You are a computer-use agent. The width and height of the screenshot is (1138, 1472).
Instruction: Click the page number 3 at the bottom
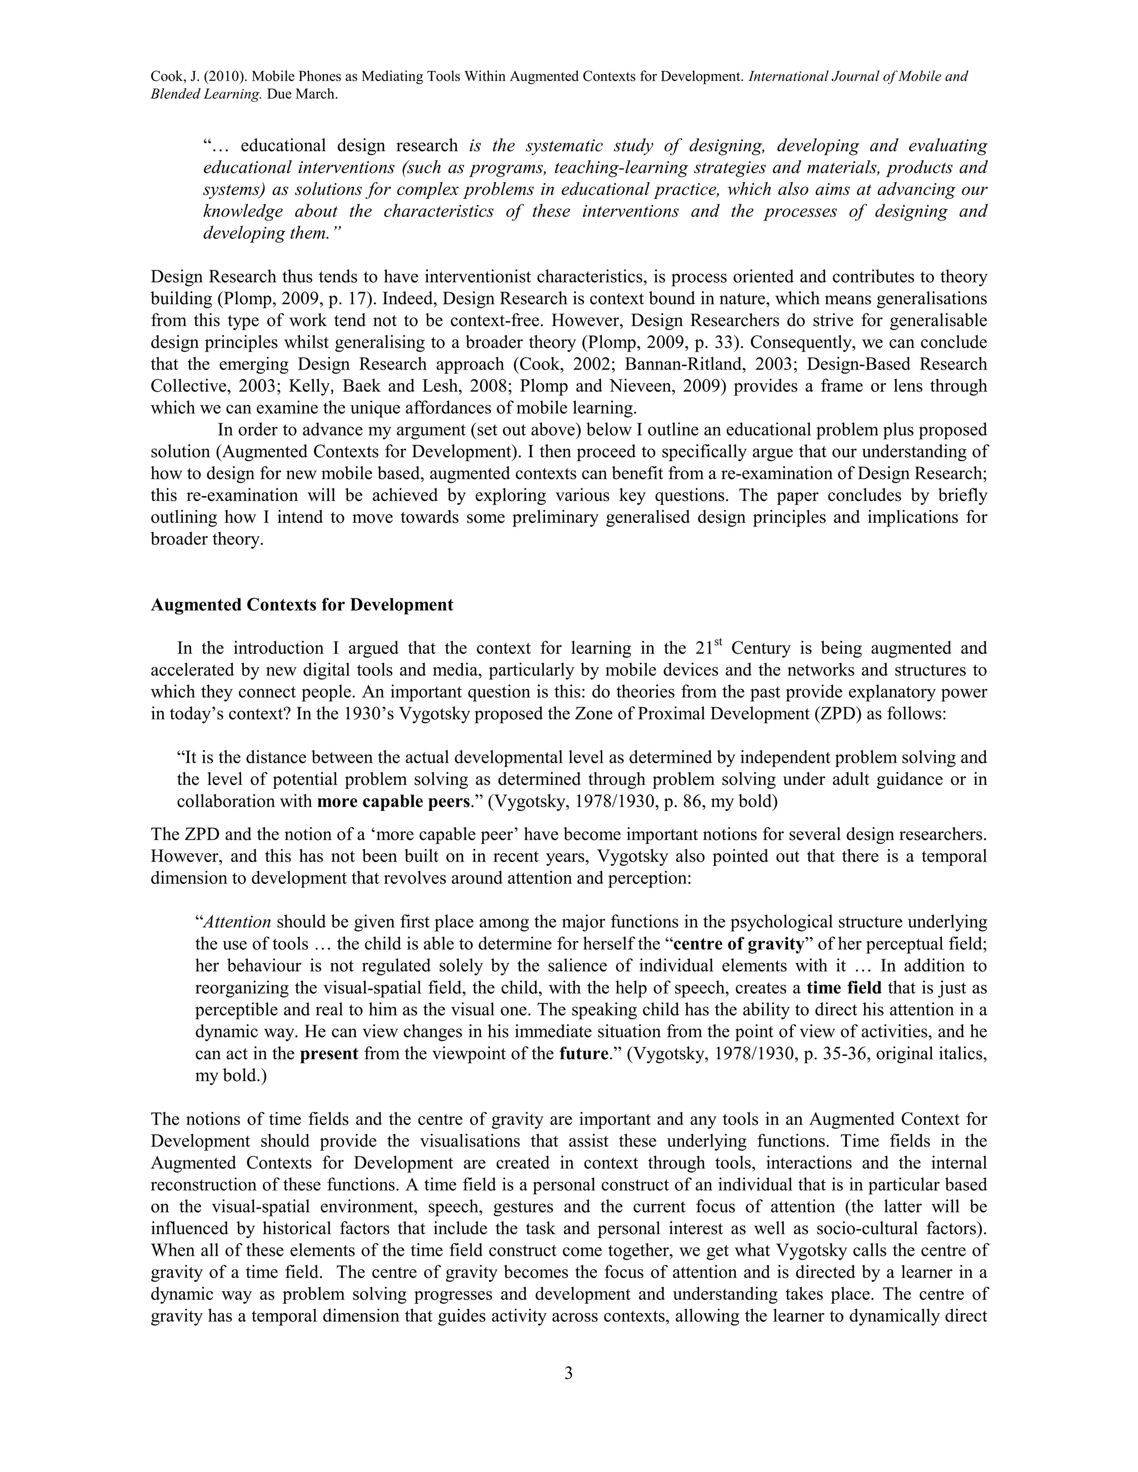coord(568,1374)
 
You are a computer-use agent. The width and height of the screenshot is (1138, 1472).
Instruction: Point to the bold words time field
coord(844,988)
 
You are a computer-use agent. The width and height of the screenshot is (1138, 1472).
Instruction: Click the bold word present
coord(329,1053)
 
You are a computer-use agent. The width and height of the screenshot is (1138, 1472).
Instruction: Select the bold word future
coord(584,1053)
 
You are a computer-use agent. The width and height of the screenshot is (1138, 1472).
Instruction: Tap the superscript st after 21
coord(718,644)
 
